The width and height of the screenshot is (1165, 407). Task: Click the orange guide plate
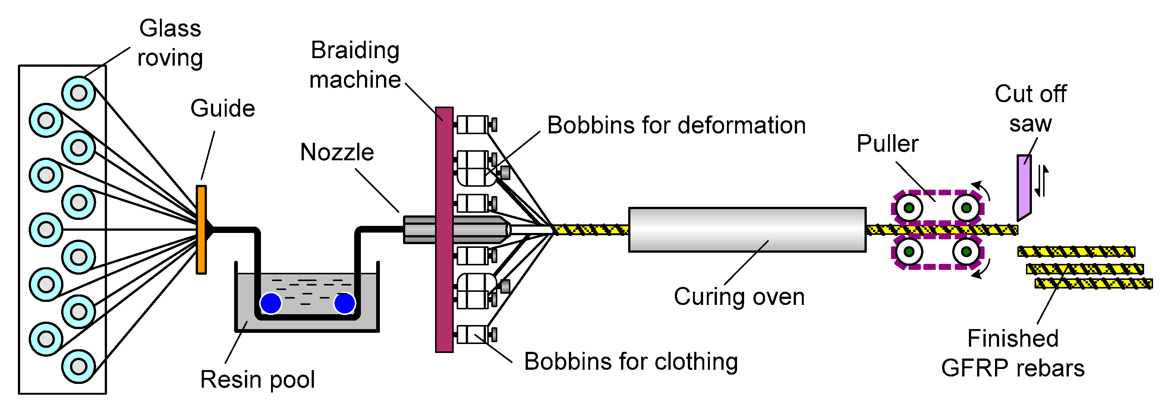[201, 230]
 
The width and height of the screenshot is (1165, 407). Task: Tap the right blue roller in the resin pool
[344, 303]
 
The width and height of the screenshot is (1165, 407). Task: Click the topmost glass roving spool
[78, 93]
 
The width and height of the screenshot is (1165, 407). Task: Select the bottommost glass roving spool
[78, 366]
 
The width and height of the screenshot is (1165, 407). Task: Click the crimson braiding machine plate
[444, 230]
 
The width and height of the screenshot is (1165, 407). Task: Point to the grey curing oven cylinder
[747, 230]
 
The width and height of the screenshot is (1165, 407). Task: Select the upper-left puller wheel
[909, 208]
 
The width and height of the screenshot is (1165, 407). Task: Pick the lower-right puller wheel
[966, 252]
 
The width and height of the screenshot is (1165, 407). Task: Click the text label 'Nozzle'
[337, 152]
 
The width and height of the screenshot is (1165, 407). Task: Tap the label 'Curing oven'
[739, 297]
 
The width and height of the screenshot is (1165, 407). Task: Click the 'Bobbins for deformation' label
[677, 125]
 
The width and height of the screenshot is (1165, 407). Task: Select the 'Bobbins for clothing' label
[631, 362]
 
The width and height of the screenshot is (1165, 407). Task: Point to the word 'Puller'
[887, 144]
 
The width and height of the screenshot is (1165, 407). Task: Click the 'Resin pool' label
[257, 380]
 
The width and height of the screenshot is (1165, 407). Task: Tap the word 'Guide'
[223, 108]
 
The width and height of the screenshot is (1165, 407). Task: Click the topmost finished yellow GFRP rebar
[1076, 252]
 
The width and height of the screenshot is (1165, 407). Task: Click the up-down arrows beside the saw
[1042, 181]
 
